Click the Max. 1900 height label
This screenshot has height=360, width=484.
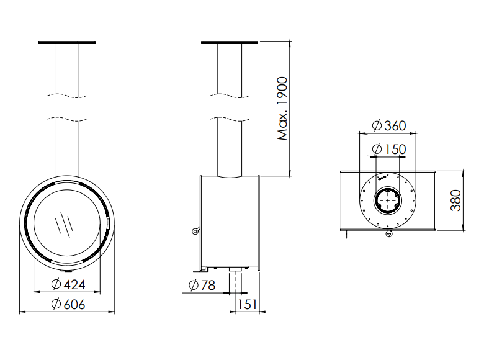[283, 109]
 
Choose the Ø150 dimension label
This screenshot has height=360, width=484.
[388, 149]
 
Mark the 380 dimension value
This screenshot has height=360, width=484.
[456, 200]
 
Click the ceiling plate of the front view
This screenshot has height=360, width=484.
[67, 43]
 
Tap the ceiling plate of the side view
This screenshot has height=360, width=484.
[230, 43]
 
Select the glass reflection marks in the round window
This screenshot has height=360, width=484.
[64, 222]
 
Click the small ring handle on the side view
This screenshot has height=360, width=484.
[195, 232]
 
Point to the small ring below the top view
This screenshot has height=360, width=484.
[388, 234]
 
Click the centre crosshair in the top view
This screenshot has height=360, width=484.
[388, 200]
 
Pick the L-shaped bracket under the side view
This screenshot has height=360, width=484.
[204, 269]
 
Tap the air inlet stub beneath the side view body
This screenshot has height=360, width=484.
[236, 271]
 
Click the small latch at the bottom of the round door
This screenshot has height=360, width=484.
[67, 271]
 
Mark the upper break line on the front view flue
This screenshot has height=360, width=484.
[67, 96]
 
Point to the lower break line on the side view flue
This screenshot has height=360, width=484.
[230, 117]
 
